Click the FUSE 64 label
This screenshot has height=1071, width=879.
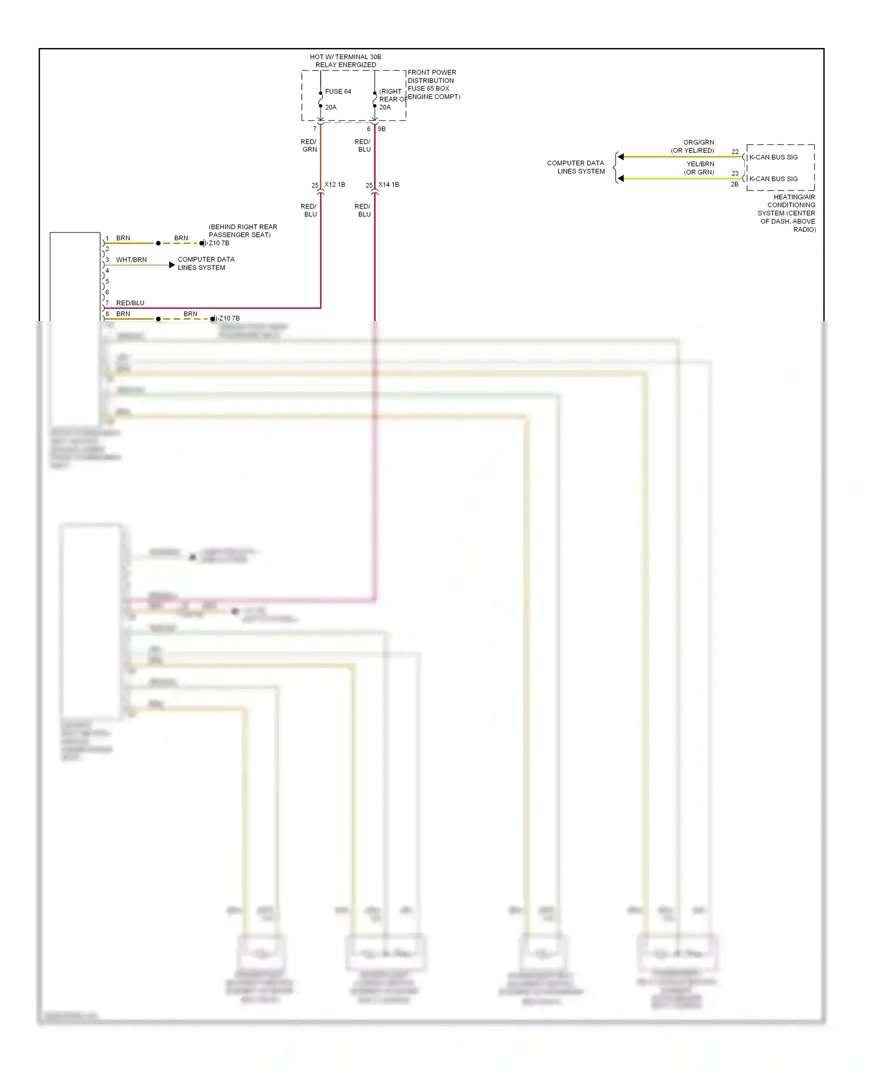(338, 91)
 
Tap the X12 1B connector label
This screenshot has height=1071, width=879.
(335, 185)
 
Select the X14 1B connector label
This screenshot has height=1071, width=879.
(389, 185)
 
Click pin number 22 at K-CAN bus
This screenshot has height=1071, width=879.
(735, 152)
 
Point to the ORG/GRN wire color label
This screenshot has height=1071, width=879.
(699, 142)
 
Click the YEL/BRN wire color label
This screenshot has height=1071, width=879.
(700, 164)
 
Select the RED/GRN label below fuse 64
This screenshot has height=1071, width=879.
(309, 145)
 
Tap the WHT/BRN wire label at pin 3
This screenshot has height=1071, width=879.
(131, 260)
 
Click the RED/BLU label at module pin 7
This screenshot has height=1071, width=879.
(130, 303)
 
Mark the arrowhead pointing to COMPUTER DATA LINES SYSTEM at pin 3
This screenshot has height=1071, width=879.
(172, 265)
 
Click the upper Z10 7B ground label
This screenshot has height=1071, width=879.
(219, 243)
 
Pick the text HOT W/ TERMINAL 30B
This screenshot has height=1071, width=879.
(345, 57)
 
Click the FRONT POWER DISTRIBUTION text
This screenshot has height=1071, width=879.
(431, 76)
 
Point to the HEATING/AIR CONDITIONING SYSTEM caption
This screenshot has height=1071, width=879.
(787, 213)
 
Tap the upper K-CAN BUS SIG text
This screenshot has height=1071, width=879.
(773, 157)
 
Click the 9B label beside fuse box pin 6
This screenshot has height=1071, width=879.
(381, 129)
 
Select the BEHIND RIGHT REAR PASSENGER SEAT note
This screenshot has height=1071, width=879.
(243, 231)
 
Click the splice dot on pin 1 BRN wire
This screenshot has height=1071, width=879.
(158, 243)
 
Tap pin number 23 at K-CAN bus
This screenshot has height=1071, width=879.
(735, 173)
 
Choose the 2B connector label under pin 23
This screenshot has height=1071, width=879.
(734, 185)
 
